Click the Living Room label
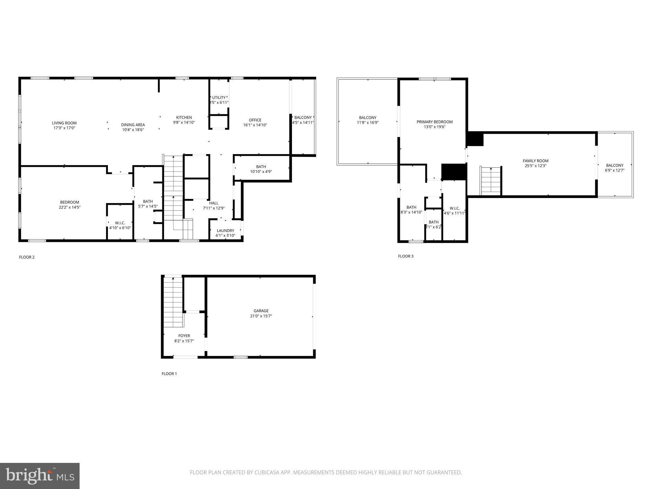[x=64, y=123]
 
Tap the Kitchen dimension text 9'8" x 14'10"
[x=184, y=123]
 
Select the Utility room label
[x=219, y=98]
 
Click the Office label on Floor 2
[x=255, y=120]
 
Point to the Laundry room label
[x=225, y=230]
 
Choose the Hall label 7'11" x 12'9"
[x=214, y=206]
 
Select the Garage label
[x=261, y=311]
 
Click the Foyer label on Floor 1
[x=184, y=336]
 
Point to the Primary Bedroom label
[x=435, y=122]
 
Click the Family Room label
[x=535, y=161]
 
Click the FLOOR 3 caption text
[x=406, y=256]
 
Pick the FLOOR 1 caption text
[x=169, y=374]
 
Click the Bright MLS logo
[x=40, y=476]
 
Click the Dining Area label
[x=133, y=125]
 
